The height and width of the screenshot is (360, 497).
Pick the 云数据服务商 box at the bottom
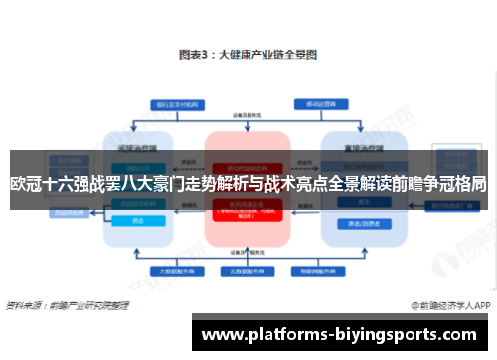click(248, 270)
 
